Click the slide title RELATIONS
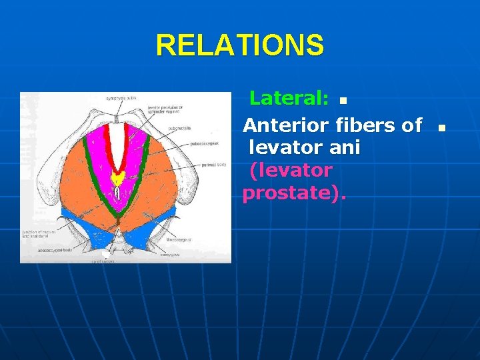tap(240, 45)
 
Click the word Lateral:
tap(288, 99)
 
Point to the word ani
tap(343, 147)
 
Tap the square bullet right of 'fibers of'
tap(440, 127)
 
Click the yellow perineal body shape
tap(117, 179)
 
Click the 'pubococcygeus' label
tap(207, 142)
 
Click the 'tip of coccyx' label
tap(103, 261)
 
